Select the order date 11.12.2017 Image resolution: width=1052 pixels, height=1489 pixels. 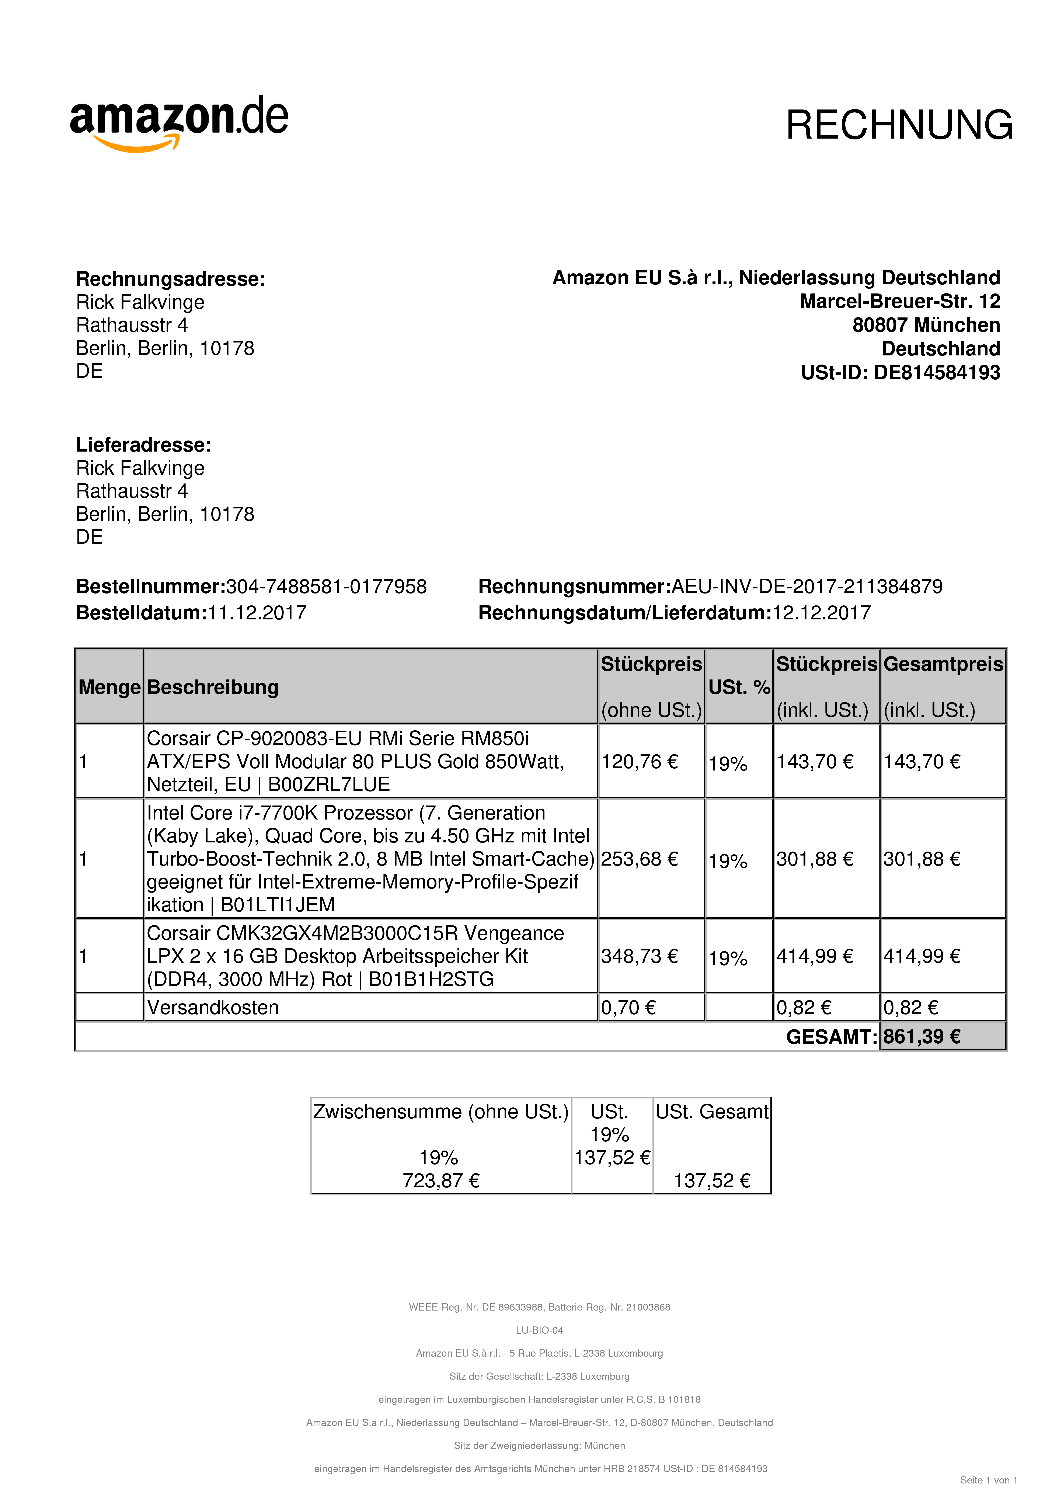[257, 613]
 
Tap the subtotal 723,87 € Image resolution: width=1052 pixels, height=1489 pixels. [441, 1180]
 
